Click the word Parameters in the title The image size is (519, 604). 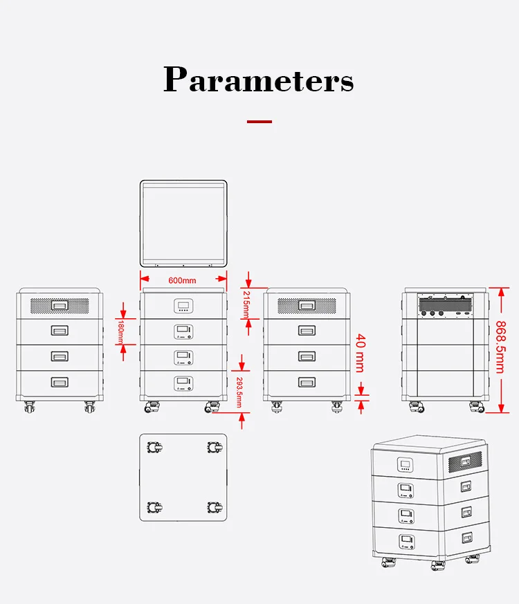(x=259, y=80)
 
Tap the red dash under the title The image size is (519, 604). (x=259, y=122)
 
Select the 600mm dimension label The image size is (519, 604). (x=183, y=280)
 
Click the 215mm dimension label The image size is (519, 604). (x=248, y=302)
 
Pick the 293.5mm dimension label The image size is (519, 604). (x=239, y=391)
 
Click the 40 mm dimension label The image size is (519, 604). (x=360, y=353)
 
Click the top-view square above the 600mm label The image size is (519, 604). (x=183, y=223)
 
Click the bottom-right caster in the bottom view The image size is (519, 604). (x=214, y=509)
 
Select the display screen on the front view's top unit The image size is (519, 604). (x=183, y=305)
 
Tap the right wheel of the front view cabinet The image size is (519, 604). (x=210, y=408)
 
